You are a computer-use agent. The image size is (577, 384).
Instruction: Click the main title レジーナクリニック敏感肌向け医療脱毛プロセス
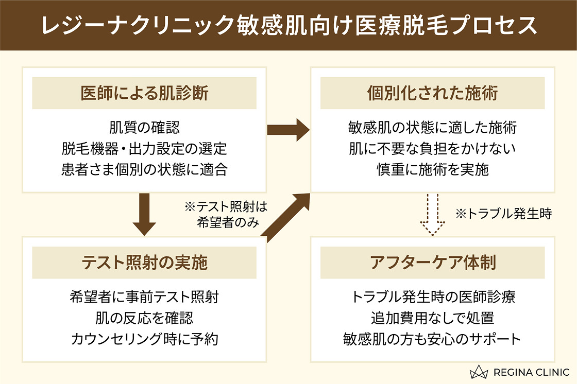pos(288,26)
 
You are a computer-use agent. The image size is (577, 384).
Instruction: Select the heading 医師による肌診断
pos(144,94)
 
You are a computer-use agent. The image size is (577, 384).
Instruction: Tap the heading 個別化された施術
pos(432,94)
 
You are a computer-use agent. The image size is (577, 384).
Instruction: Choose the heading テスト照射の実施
pos(144,263)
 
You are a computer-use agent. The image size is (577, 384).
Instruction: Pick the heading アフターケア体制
pos(432,263)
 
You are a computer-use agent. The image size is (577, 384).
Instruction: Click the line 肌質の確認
pos(144,127)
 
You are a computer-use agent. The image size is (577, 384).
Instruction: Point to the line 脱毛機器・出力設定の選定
pos(144,149)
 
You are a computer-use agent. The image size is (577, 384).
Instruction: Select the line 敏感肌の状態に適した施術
pos(432,127)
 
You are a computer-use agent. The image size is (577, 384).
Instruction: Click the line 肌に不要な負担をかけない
pos(432,149)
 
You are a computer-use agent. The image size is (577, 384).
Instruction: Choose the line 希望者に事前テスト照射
pos(144,296)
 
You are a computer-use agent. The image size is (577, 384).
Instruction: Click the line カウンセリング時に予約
pos(144,339)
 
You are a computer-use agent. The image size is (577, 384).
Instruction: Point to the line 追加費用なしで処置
pos(432,318)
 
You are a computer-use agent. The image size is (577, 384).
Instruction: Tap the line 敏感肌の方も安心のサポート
pos(432,339)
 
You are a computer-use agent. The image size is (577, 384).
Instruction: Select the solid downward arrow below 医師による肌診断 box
pos(144,214)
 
